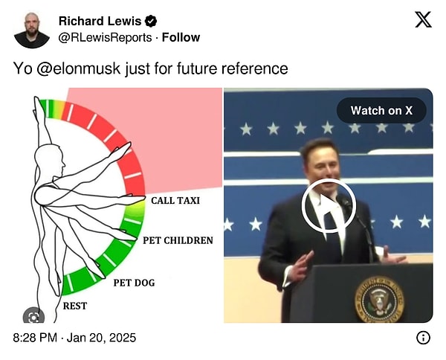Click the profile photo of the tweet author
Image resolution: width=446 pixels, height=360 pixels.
pos(32,30)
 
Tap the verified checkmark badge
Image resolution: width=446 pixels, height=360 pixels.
pos(151,22)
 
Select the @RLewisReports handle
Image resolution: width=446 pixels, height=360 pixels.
pos(105,38)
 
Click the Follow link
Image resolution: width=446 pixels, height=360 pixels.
pos(181,38)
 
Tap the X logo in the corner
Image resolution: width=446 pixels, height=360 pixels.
pos(423,19)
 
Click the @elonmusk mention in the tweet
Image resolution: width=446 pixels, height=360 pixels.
pos(79,68)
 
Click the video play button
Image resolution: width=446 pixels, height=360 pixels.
pos(329,205)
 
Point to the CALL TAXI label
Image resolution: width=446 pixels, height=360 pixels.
pos(175,201)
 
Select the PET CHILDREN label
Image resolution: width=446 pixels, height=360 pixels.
pos(178,240)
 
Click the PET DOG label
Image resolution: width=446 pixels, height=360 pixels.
pos(135,283)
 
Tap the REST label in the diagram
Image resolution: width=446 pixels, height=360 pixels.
pos(75,306)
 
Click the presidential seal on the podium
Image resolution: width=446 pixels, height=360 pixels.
pos(379,300)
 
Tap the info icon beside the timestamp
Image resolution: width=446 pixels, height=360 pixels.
pos(423,338)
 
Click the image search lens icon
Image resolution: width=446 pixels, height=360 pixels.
pos(33,316)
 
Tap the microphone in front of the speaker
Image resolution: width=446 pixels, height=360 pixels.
pos(344,201)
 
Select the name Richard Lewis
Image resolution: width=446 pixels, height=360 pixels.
pos(100,22)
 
